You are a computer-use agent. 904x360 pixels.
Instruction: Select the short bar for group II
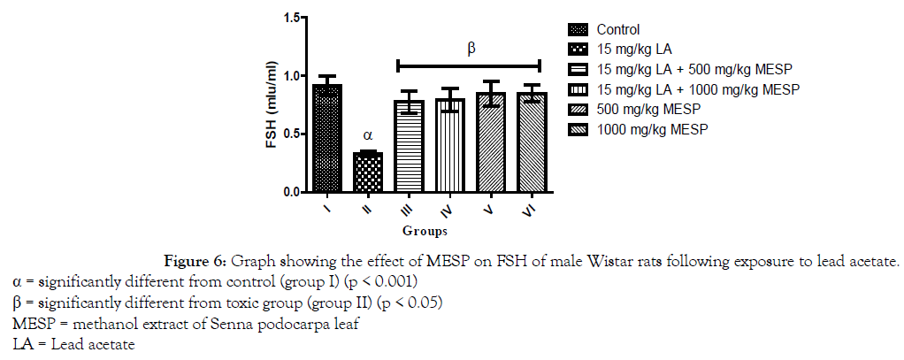[368, 172]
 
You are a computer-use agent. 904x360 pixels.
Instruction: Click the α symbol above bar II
[368, 136]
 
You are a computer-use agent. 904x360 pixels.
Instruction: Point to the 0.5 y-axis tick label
[296, 134]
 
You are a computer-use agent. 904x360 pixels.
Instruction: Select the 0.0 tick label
[296, 192]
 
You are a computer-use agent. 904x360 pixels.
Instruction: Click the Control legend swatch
[574, 29]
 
